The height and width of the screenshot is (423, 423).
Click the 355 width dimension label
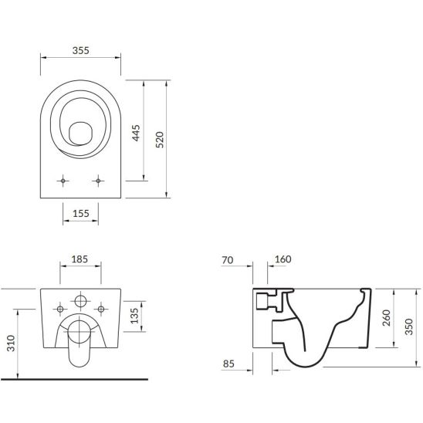click(80, 50)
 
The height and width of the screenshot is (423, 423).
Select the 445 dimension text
click(136, 133)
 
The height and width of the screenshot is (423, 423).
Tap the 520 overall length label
click(160, 140)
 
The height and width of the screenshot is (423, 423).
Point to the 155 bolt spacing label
click(80, 213)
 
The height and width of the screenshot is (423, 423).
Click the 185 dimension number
click(80, 259)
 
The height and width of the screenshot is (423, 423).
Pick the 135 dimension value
click(134, 316)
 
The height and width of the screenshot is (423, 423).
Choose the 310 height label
click(11, 343)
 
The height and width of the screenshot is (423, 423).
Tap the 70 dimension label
click(228, 260)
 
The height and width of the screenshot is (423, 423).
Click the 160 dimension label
click(283, 259)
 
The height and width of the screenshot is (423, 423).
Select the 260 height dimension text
click(387, 318)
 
